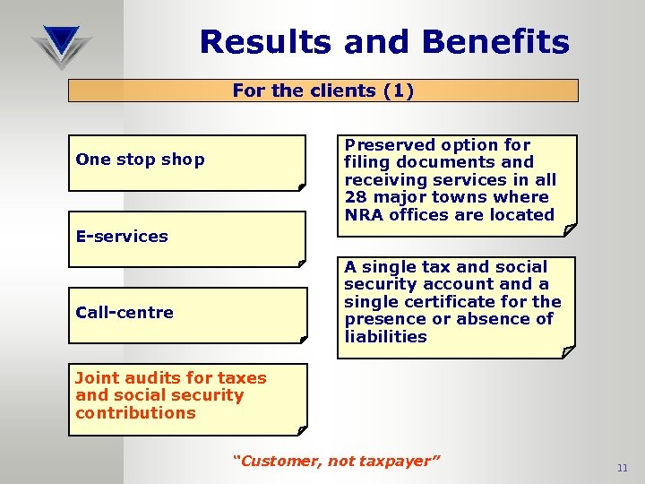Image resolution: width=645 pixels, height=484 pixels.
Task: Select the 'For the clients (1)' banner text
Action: coord(322,91)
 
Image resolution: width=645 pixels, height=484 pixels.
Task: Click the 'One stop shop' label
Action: coord(140,160)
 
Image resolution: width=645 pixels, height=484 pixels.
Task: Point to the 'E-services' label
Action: coord(122,237)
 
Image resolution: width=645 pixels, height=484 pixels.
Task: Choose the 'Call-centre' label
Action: coord(125,312)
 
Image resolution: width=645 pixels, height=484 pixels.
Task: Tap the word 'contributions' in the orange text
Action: coord(135,413)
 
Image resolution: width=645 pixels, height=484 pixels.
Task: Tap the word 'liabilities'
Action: coord(385,337)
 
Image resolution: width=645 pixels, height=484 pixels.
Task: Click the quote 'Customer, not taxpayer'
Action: coord(336,461)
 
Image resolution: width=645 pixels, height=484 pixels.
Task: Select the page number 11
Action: coord(623,469)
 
